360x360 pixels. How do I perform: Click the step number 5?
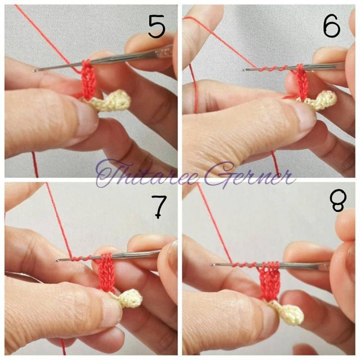(x=157, y=27)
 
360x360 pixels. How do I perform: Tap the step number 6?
(x=331, y=26)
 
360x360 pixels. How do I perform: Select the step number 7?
(x=159, y=207)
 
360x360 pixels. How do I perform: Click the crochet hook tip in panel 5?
(x=34, y=71)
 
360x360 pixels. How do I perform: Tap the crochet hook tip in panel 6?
(x=243, y=70)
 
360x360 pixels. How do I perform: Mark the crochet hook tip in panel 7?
(x=56, y=260)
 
